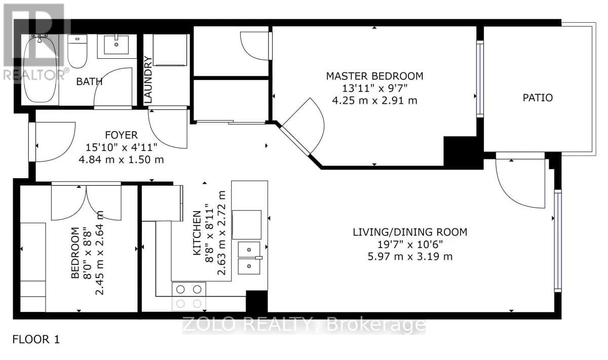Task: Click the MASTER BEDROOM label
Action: click(374, 76)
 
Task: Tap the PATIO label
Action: click(538, 98)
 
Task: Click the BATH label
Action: click(89, 82)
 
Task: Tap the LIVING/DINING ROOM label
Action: click(409, 232)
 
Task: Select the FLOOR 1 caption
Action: click(36, 339)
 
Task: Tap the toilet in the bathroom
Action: click(77, 52)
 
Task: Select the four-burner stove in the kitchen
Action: click(189, 296)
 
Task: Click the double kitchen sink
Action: click(249, 258)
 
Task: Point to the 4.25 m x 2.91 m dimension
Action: click(374, 100)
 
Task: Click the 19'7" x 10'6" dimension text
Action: click(409, 245)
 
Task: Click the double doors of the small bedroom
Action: click(86, 202)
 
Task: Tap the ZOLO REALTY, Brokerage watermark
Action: click(304, 325)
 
